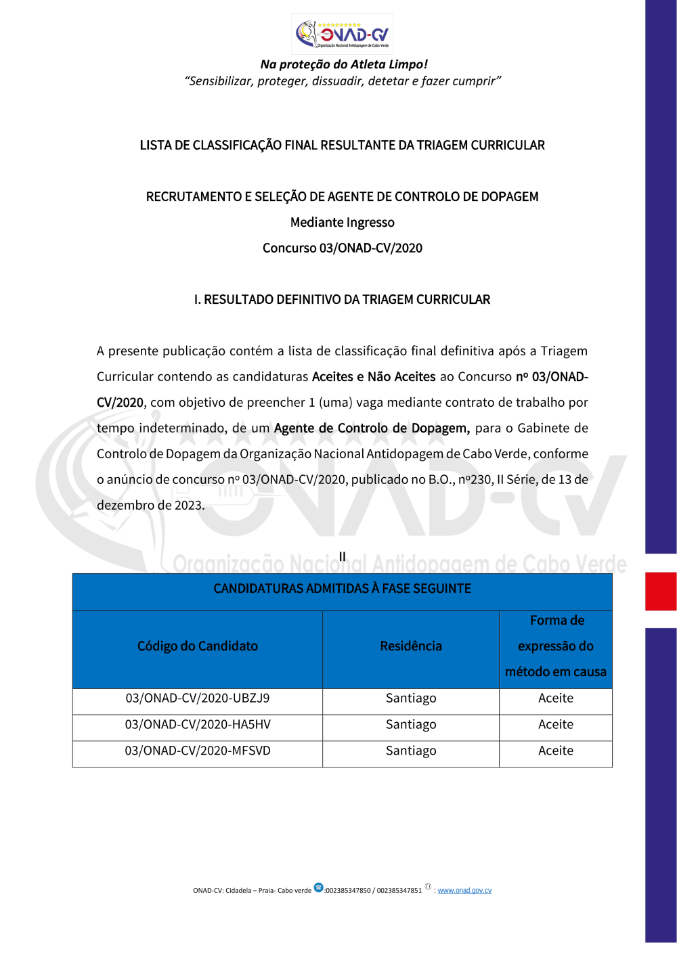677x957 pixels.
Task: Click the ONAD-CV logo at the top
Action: pos(342,34)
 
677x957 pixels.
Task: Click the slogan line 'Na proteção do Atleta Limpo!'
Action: pos(344,64)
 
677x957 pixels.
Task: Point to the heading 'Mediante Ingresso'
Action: pos(342,223)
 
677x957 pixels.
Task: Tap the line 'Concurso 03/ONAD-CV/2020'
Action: pos(342,248)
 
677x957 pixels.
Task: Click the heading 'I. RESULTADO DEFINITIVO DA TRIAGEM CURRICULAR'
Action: pos(342,300)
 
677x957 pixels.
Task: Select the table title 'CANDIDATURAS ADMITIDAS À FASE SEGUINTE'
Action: pos(342,589)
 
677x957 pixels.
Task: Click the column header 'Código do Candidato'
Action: pos(198,646)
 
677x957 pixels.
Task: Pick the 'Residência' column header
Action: pos(411,646)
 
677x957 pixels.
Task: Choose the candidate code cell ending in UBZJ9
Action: pos(198,698)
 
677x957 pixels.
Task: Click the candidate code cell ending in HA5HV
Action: pos(198,725)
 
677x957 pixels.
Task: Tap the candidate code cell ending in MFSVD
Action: pos(198,751)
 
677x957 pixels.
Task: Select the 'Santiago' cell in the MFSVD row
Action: pos(411,751)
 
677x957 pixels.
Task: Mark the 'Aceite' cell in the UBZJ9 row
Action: pos(556,698)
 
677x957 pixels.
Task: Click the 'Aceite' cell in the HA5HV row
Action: pos(556,725)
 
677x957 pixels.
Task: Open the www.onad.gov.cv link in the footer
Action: pos(464,891)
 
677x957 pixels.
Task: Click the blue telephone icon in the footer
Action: pos(319,887)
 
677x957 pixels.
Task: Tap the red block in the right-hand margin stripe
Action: pos(661,591)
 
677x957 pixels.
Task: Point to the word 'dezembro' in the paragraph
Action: pos(125,506)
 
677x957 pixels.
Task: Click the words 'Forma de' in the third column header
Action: pos(557,621)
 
